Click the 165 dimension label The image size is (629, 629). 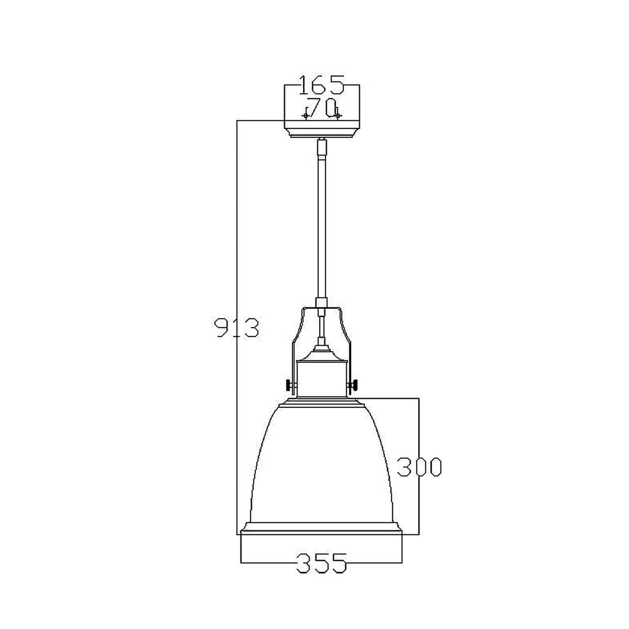tap(321, 84)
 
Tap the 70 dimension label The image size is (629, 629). tap(321, 108)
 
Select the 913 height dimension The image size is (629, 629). tap(237, 328)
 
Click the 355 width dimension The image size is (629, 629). tap(321, 563)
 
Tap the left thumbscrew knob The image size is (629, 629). tap(289, 385)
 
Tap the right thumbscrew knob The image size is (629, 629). tap(355, 385)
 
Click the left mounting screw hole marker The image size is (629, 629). tap(305, 115)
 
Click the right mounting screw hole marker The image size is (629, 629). tap(338, 115)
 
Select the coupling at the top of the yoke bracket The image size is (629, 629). tap(321, 303)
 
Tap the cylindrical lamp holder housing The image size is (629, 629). tap(322, 377)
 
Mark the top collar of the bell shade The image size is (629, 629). tap(321, 405)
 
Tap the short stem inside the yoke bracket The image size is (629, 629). tap(321, 328)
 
